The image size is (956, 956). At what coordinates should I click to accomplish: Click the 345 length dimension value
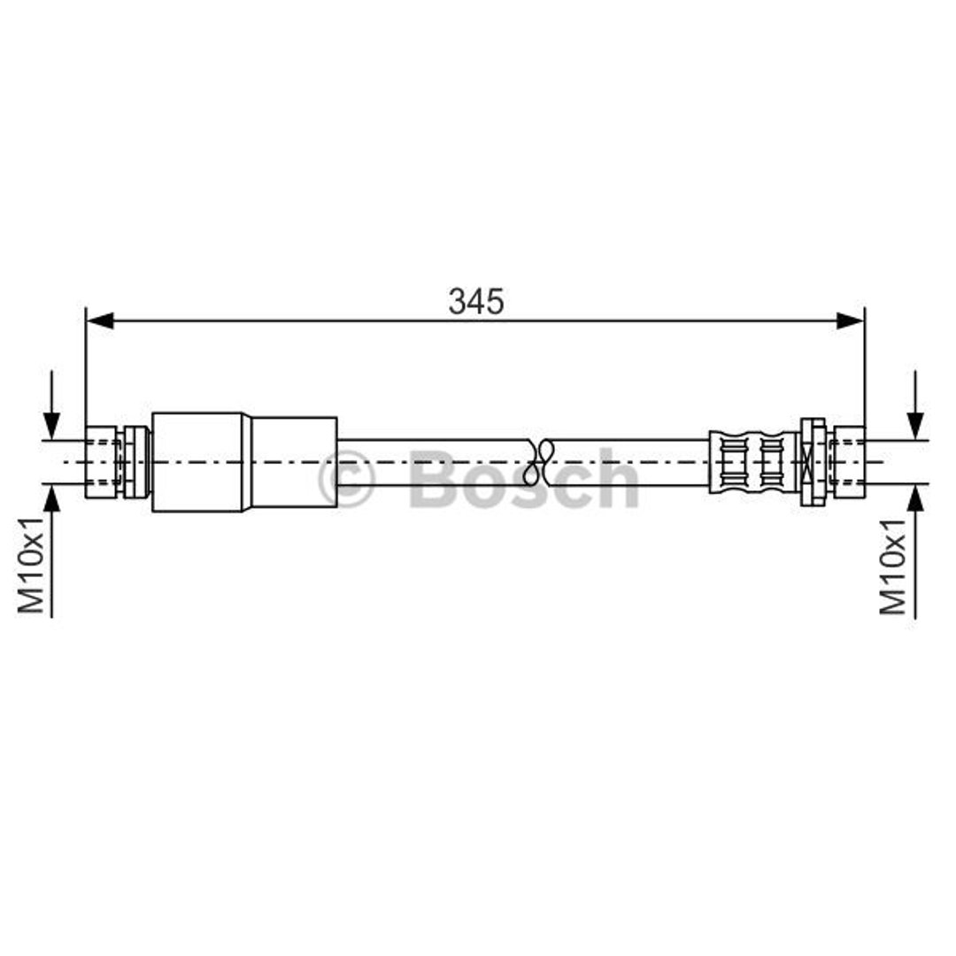476,302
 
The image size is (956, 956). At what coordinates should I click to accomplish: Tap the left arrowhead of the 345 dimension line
100,320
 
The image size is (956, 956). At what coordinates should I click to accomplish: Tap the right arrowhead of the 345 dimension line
851,320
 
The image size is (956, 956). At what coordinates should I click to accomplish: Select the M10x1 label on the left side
31,565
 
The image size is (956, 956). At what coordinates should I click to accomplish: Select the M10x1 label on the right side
892,567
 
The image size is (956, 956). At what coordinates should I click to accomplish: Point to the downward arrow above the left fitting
52,405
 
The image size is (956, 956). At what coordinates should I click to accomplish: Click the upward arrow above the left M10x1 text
52,551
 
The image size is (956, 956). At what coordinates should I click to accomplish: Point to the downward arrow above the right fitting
914,405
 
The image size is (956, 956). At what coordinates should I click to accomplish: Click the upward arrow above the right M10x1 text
914,551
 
